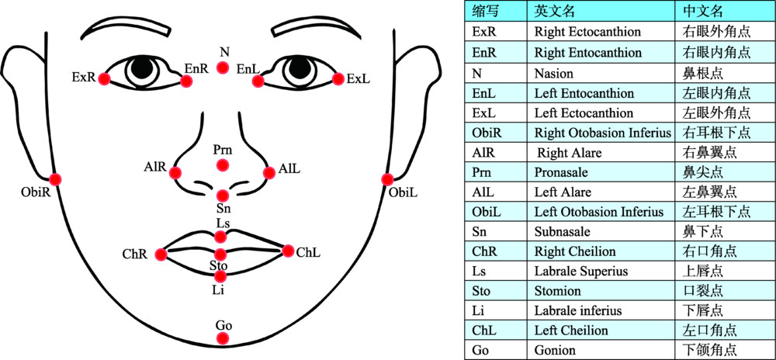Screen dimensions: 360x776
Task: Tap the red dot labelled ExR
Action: click(104, 78)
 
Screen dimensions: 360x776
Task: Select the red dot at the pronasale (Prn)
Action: click(223, 164)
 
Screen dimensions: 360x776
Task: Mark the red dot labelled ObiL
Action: click(388, 179)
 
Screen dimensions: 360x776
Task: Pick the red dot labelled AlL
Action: click(269, 172)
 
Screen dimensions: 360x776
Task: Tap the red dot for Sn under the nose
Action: click(223, 196)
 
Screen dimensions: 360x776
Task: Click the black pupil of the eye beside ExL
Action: click(299, 69)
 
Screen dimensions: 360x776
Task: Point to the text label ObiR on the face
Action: click(36, 192)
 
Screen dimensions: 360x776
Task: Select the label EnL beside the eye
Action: click(248, 69)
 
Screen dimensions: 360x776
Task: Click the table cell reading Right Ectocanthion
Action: click(587, 33)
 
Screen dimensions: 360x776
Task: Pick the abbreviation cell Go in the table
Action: click(480, 350)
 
